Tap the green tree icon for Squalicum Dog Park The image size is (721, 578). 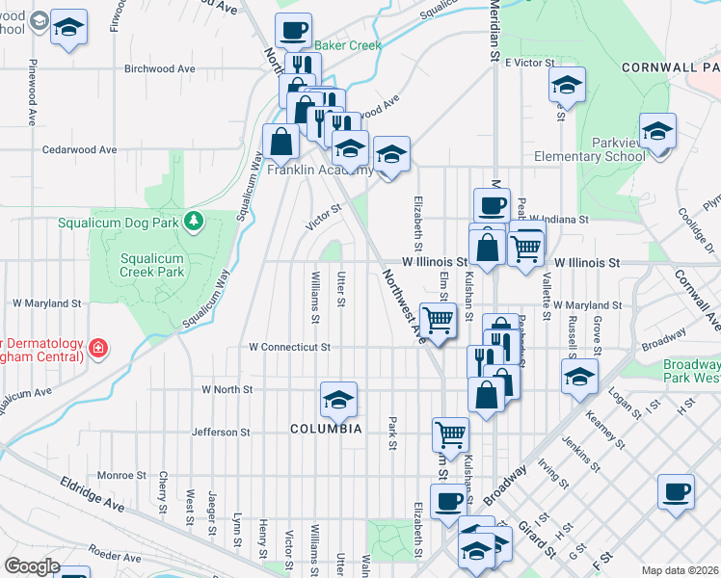(x=195, y=222)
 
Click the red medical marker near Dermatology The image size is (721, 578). (x=97, y=348)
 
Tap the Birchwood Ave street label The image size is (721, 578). (x=160, y=69)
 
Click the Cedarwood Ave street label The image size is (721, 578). (x=81, y=150)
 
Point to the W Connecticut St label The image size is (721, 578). (x=289, y=347)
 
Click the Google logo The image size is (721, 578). (x=33, y=566)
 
